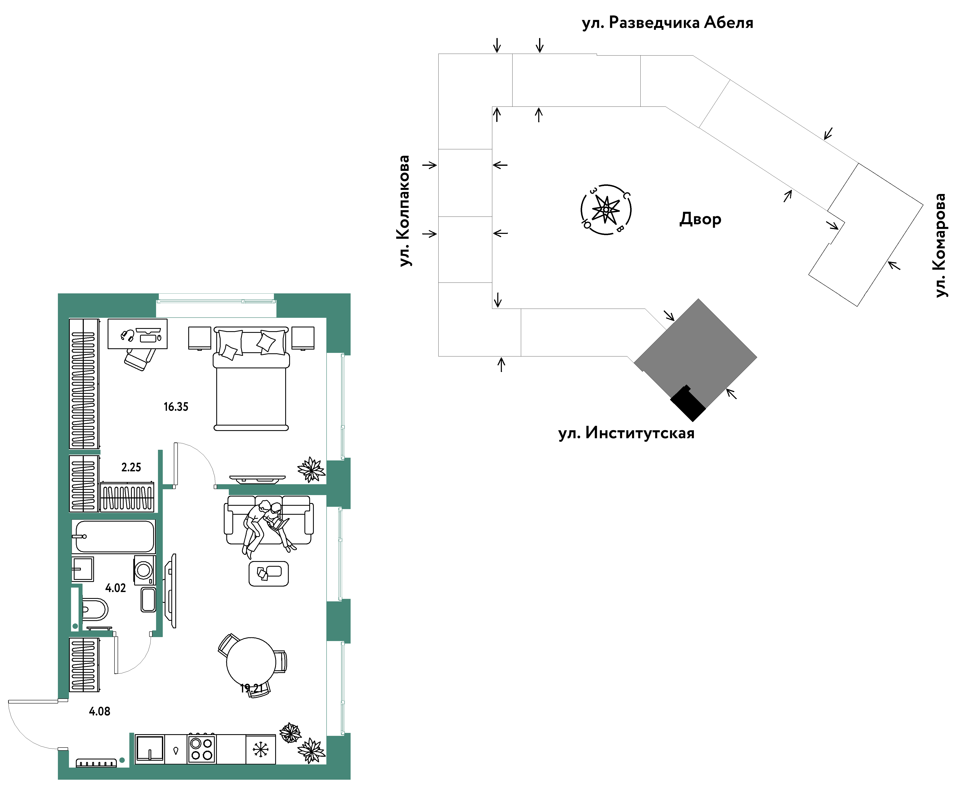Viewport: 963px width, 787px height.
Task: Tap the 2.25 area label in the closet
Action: pyautogui.click(x=131, y=467)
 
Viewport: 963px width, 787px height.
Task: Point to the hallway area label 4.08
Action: pyautogui.click(x=99, y=711)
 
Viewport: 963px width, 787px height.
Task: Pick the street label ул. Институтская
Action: pyautogui.click(x=626, y=433)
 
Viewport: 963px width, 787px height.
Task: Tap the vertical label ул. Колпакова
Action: pyautogui.click(x=404, y=211)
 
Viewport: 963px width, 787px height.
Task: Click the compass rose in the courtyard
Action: pyautogui.click(x=606, y=210)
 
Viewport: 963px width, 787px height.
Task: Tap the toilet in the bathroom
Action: pyautogui.click(x=94, y=609)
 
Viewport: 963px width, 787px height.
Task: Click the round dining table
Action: pyautogui.click(x=251, y=662)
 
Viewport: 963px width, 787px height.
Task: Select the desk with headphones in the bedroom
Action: pyautogui.click(x=137, y=334)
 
